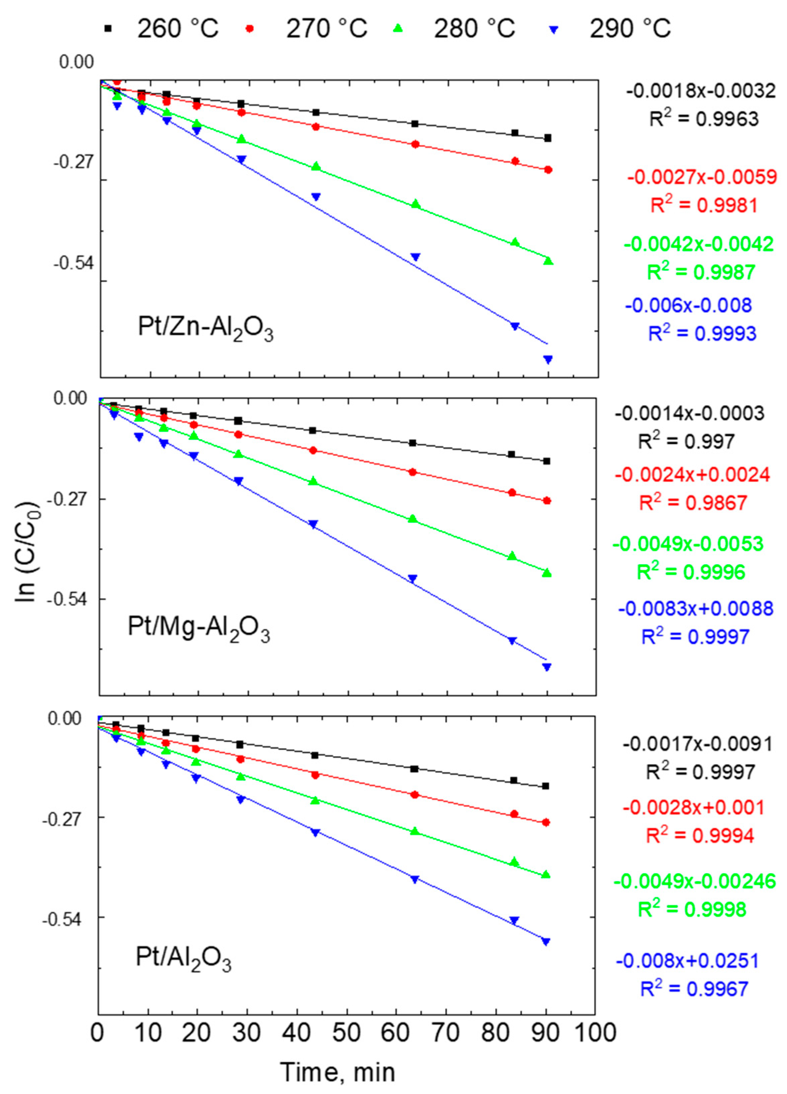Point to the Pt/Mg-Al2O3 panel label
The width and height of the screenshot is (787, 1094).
point(198,629)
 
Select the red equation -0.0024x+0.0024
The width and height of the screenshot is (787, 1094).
point(692,475)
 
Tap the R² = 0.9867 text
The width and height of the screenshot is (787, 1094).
point(693,503)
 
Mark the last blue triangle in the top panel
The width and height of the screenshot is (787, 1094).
point(548,359)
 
